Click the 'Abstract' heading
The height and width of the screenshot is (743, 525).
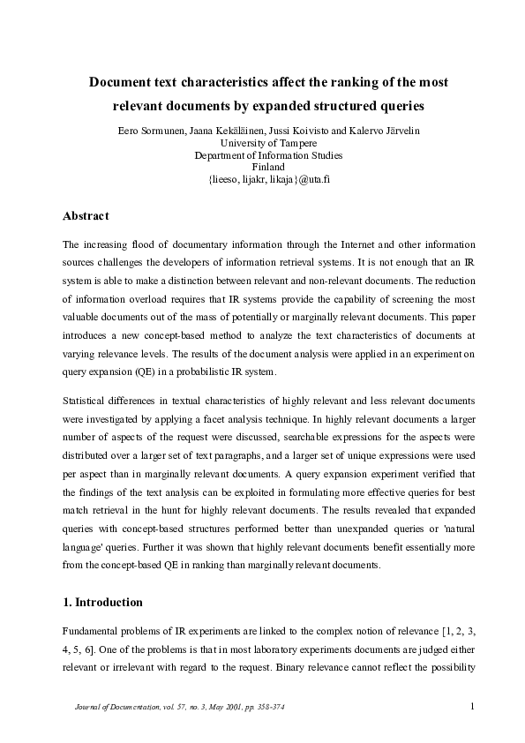86,215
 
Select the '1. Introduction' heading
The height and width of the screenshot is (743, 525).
102,603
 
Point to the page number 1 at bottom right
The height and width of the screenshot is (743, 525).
473,705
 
